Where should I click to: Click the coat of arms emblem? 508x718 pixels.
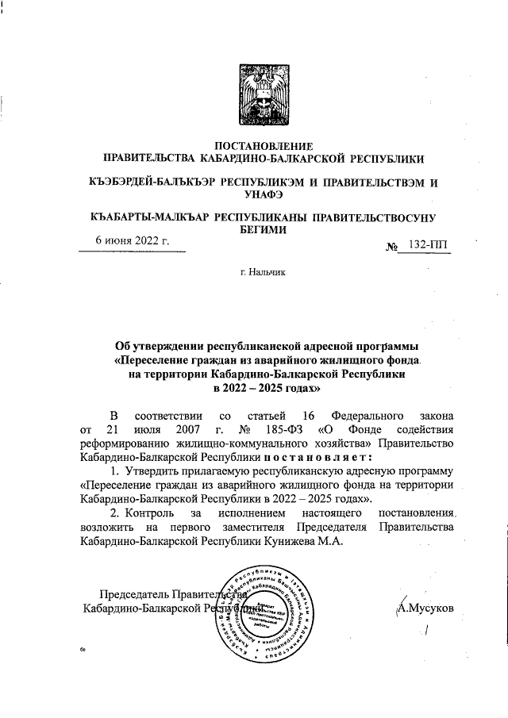tap(254, 93)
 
